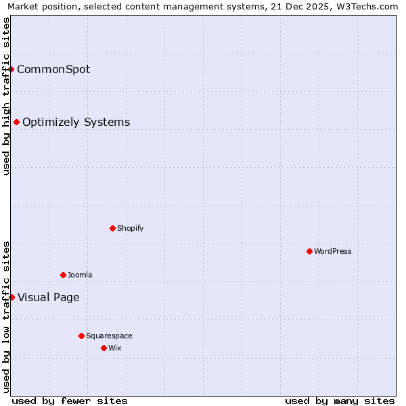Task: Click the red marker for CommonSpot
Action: click(12, 69)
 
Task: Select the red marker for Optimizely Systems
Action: click(17, 122)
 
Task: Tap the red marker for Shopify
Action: click(112, 228)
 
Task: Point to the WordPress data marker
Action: click(309, 251)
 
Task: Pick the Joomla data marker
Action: click(63, 275)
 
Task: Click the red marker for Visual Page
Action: click(12, 297)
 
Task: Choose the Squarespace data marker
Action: click(81, 336)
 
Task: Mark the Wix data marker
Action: click(104, 348)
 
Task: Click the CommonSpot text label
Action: click(53, 69)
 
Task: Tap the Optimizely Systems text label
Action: click(76, 122)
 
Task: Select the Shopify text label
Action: click(130, 228)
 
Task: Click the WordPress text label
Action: click(332, 251)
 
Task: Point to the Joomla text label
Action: click(80, 275)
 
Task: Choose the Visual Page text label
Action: click(48, 297)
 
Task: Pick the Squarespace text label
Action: click(109, 336)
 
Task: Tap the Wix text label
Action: click(114, 348)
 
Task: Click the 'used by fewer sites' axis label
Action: click(70, 401)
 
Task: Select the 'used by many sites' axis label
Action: click(340, 401)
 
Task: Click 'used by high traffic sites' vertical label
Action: click(6, 96)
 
